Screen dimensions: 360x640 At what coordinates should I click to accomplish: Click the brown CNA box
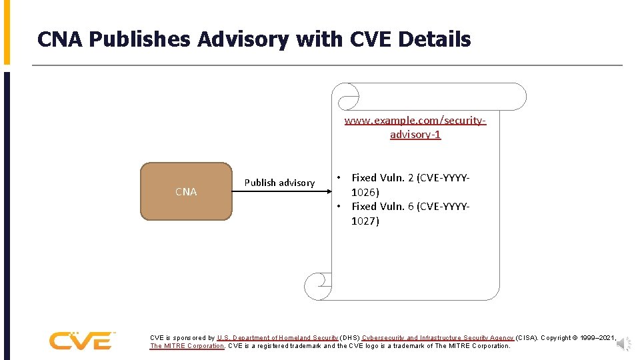point(186,191)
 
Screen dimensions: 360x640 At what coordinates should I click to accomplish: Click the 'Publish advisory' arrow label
point(279,183)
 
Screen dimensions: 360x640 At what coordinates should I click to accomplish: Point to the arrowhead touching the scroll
point(330,191)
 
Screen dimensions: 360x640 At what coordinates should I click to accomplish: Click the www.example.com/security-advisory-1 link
point(415,127)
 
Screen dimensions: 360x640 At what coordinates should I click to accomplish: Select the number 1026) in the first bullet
point(365,192)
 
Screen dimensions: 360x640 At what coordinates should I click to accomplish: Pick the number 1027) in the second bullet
point(365,221)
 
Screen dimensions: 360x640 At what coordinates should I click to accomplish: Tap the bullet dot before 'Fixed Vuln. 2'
point(339,178)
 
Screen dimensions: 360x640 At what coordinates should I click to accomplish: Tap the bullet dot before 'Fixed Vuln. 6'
point(339,207)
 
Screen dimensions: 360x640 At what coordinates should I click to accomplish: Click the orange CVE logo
point(81,340)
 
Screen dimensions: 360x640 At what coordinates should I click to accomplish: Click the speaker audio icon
point(623,344)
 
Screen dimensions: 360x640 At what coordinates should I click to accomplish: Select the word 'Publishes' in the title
point(140,40)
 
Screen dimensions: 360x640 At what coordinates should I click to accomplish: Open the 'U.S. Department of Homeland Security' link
point(277,338)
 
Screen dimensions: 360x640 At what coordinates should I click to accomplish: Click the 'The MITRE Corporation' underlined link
point(187,346)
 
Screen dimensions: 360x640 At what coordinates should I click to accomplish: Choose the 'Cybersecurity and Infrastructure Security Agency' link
point(438,338)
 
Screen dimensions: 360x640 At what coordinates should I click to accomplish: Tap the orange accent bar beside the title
point(7,32)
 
